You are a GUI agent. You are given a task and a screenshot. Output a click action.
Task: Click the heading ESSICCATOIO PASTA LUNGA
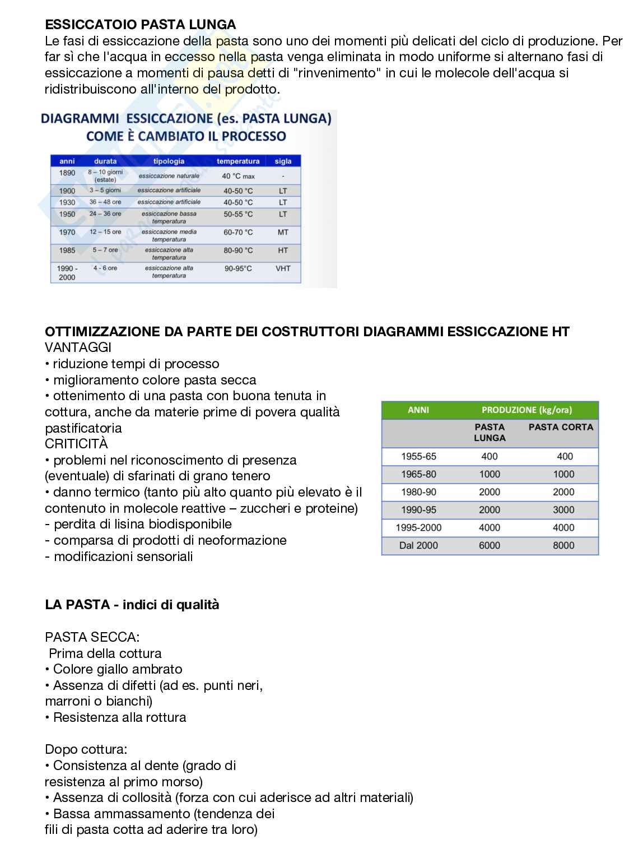[x=140, y=25]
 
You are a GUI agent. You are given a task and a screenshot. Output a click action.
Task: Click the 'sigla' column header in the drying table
[x=283, y=161]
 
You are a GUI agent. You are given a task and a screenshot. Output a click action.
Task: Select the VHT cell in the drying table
[x=283, y=268]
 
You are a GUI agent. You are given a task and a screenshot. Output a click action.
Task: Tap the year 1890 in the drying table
[x=67, y=173]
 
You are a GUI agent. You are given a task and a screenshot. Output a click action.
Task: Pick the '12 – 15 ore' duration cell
[x=105, y=232]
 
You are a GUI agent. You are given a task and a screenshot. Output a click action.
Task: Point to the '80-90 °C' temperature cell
[x=238, y=251]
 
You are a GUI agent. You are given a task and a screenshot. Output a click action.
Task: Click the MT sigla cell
[x=283, y=232]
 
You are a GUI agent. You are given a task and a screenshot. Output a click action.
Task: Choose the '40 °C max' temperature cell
[x=238, y=176]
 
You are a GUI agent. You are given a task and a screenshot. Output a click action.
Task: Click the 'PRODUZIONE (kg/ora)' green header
[x=526, y=410]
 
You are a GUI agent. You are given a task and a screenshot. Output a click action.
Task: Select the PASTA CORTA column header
[x=561, y=427]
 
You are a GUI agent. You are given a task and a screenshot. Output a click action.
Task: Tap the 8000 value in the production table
[x=563, y=545]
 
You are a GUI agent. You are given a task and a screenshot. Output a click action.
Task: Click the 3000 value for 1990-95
[x=563, y=510]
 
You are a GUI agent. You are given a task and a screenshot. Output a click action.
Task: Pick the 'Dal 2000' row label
[x=418, y=545]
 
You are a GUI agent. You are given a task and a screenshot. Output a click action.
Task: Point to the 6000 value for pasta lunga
[x=489, y=545]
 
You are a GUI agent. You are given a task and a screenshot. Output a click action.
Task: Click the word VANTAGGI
[x=78, y=347]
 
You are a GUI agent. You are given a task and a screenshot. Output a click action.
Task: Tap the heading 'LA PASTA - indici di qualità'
[x=132, y=605]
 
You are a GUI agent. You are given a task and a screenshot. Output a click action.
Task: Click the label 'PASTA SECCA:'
[x=92, y=637]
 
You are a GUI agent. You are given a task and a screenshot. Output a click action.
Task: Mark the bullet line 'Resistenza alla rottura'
[x=119, y=718]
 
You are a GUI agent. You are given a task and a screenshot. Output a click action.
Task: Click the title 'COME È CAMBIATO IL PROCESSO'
[x=186, y=136]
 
